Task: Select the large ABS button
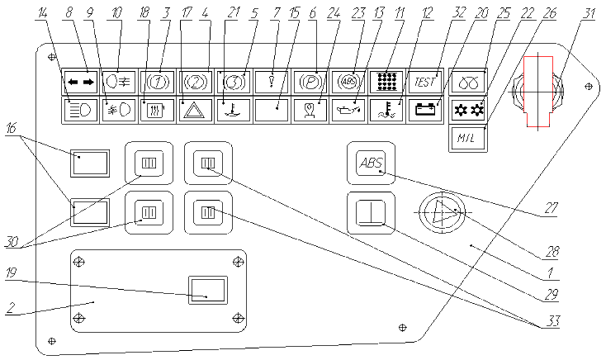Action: pyautogui.click(x=371, y=163)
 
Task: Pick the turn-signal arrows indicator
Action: pyautogui.click(x=79, y=82)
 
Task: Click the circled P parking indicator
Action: pyautogui.click(x=309, y=82)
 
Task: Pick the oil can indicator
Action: pyautogui.click(x=347, y=109)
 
